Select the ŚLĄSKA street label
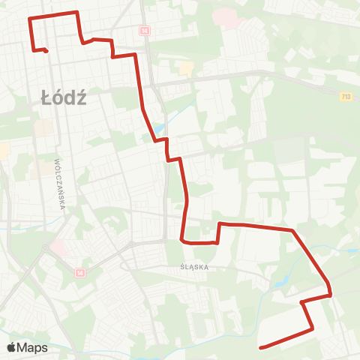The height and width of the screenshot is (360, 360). point(193,266)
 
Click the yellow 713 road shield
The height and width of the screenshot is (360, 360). point(346,96)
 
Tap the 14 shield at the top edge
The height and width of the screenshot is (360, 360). point(145,30)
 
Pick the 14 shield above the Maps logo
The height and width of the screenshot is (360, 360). point(79,273)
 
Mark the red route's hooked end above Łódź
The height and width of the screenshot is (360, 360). point(47,52)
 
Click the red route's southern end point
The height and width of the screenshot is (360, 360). point(259,347)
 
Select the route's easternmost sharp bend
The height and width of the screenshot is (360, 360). point(330,294)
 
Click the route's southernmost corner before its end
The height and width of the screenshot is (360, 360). point(312,328)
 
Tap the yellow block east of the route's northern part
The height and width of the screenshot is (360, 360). point(186,68)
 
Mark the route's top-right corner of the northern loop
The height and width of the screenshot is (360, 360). point(77,13)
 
